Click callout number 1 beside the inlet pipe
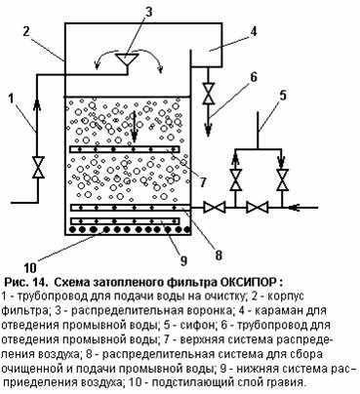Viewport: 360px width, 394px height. point(12,98)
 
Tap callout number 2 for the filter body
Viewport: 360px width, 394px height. point(26,32)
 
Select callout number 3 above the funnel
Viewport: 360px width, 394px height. point(148,13)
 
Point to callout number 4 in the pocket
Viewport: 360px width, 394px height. point(253,31)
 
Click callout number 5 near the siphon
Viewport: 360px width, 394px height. point(283,96)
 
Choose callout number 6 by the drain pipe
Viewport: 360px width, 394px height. point(253,77)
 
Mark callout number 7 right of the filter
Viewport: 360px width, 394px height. point(203,182)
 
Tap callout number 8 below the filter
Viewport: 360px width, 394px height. point(219,255)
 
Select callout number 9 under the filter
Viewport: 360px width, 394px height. point(183,260)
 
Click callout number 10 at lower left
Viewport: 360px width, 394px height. point(30,267)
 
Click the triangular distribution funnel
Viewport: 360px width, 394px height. point(127,59)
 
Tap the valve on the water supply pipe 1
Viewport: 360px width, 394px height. point(38,167)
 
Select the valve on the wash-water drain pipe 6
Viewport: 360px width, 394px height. point(208,94)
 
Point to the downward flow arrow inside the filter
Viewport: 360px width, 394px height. point(134,128)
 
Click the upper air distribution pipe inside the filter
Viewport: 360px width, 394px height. point(125,149)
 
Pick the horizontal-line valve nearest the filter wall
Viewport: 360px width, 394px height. point(215,207)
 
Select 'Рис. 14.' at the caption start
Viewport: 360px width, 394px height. point(27,282)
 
